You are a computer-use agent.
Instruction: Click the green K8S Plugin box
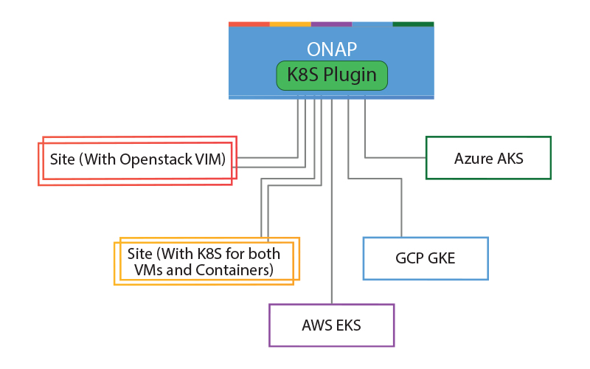click(332, 75)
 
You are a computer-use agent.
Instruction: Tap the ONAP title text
click(332, 49)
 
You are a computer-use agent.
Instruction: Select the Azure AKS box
click(488, 158)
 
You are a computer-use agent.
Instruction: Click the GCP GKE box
click(426, 258)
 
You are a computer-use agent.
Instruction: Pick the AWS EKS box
click(332, 325)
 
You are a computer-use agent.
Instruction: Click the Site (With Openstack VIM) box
click(137, 160)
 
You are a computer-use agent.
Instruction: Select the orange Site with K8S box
click(205, 262)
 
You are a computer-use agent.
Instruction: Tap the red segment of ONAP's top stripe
click(249, 24)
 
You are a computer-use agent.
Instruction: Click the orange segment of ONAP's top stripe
click(290, 24)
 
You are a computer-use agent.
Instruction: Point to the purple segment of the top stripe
click(331, 24)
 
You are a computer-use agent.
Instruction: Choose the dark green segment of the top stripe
click(413, 24)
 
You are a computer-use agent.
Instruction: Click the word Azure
click(473, 158)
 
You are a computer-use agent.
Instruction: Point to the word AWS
click(317, 325)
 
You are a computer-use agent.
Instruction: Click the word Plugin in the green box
click(351, 75)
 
